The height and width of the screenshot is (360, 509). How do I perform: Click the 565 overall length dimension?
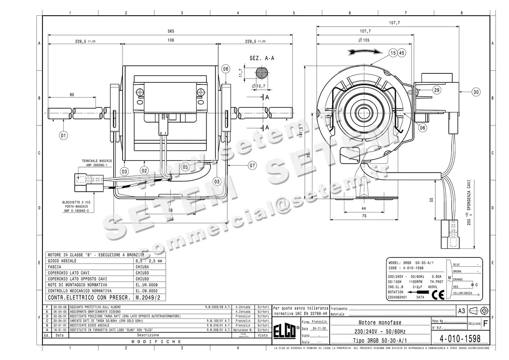tap(171, 31)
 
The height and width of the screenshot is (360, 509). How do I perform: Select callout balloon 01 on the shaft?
tap(64, 136)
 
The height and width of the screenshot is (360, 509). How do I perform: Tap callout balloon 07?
tap(252, 165)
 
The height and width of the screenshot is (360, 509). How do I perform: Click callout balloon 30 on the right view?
tap(476, 92)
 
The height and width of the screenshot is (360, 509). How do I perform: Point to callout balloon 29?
tap(436, 90)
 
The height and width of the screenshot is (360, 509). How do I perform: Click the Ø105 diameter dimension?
tap(365, 40)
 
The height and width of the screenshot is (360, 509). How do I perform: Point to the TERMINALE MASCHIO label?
tap(97, 161)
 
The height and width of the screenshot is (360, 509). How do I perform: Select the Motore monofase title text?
tap(380, 323)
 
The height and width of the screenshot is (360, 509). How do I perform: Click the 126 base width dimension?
tap(170, 220)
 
